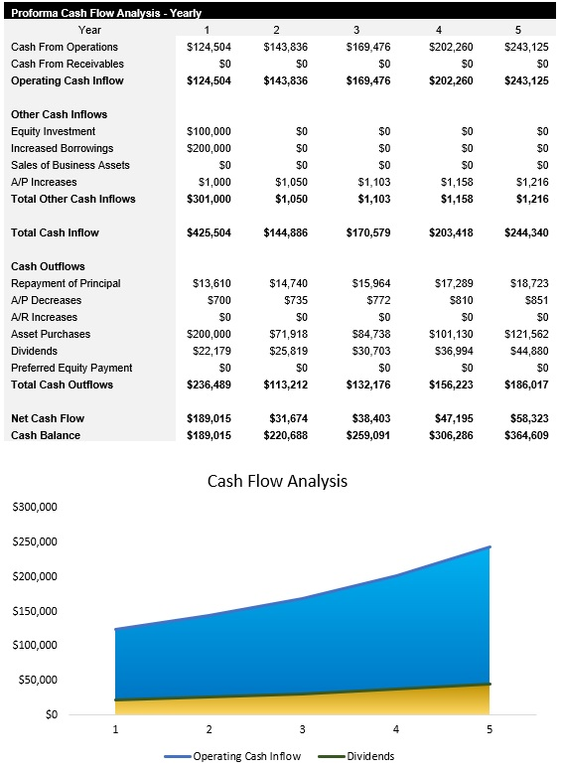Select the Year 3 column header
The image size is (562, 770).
pos(356,31)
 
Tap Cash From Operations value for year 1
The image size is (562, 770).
pos(209,47)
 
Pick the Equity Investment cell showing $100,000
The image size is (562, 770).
pos(209,131)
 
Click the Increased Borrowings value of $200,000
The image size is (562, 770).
pos(209,148)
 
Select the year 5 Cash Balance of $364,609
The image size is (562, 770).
pos(525,435)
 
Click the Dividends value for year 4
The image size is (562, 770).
pos(445,351)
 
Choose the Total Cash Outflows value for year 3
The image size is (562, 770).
pos(364,385)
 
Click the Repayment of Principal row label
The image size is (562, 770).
pos(66,283)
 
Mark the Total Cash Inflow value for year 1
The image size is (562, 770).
pos(209,232)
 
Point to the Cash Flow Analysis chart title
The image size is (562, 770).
pos(277,481)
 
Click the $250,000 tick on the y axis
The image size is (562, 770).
pos(35,541)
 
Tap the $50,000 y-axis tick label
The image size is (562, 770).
pos(38,680)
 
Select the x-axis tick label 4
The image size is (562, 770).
pos(396,730)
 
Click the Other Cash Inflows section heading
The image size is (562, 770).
pos(59,114)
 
